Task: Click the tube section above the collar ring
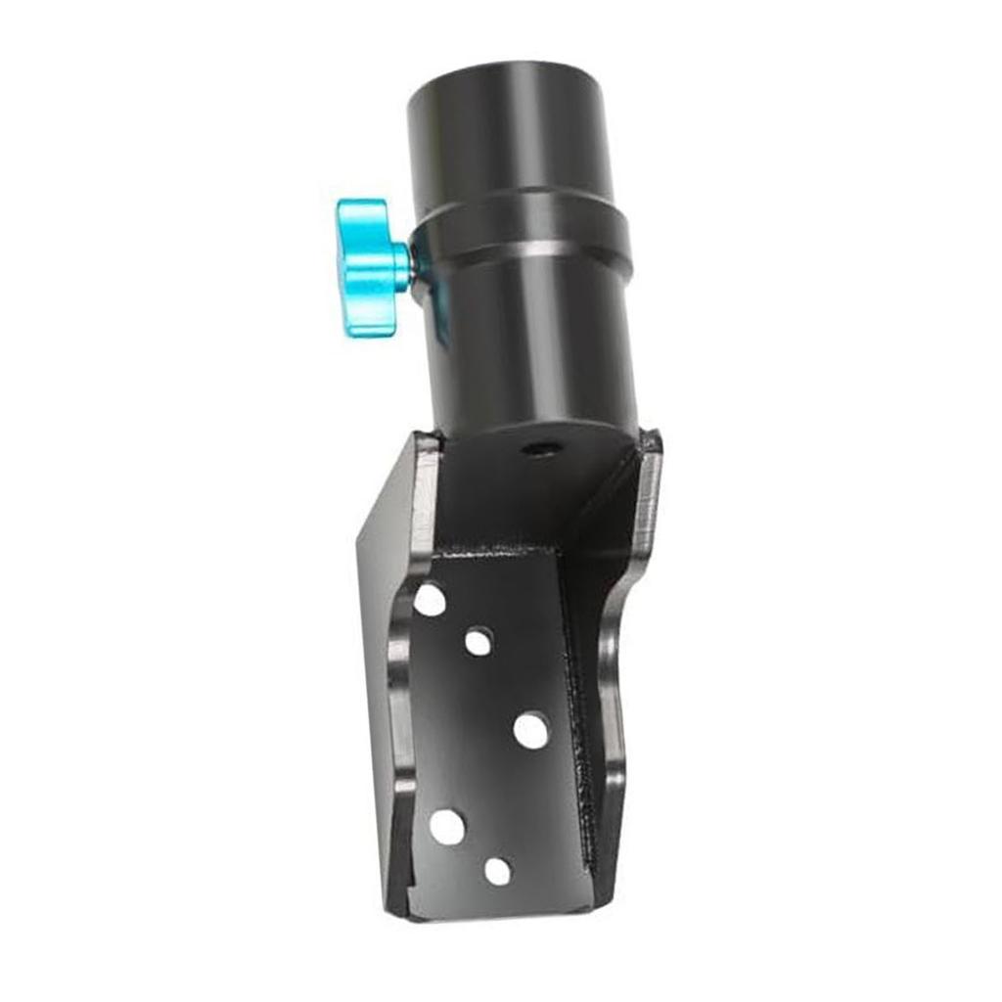tap(509, 147)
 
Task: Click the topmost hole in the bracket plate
tap(429, 599)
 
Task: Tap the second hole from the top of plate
tap(478, 642)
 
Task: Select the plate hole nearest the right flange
tap(530, 730)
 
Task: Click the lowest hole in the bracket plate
tap(498, 871)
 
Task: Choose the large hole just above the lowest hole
tap(446, 828)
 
